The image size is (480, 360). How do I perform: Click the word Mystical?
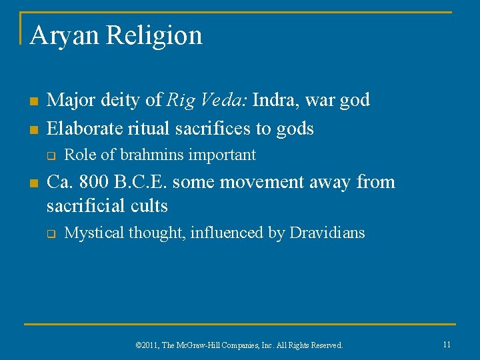(94, 233)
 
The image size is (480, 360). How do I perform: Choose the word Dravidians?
(327, 233)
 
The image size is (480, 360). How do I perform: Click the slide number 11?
(447, 345)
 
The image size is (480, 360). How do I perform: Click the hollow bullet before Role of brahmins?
(50, 156)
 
